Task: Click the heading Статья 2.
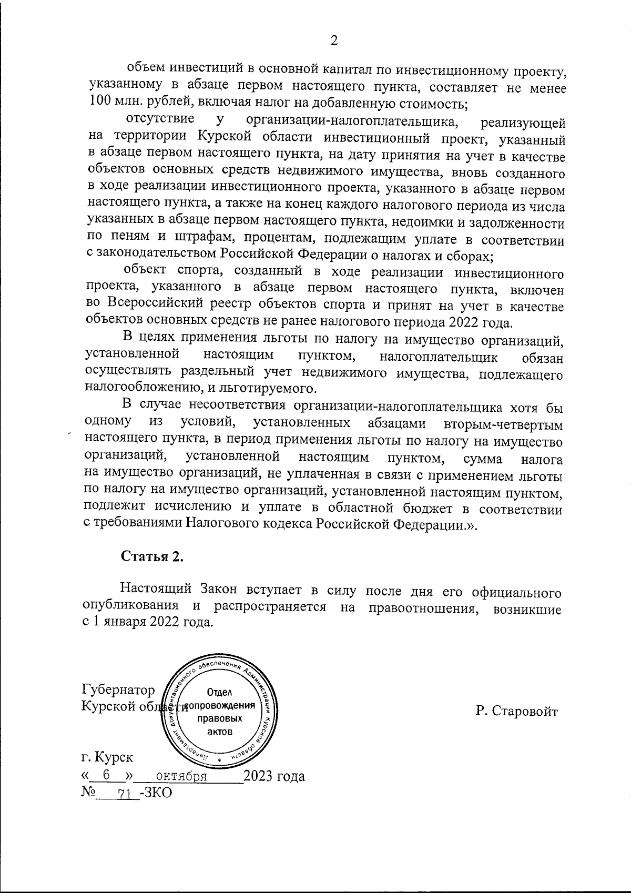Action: pos(152,556)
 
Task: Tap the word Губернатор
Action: pos(118,689)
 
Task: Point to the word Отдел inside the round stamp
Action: pos(220,692)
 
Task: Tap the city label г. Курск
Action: pos(107,757)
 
